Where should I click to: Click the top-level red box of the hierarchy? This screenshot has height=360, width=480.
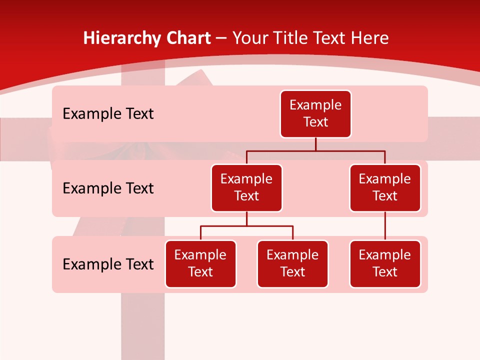coord(315,114)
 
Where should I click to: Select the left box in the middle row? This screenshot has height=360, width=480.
coord(246,188)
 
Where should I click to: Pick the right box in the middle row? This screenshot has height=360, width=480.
coord(385,188)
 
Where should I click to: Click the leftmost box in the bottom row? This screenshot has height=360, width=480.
coord(200,264)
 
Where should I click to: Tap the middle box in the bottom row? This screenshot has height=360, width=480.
coord(292,264)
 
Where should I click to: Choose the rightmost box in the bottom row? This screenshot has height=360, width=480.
coord(385,264)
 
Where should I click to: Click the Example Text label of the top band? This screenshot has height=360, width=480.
coord(108,114)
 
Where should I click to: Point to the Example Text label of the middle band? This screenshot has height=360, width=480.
coord(108,188)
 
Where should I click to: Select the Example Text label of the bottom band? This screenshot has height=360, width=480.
coord(108,264)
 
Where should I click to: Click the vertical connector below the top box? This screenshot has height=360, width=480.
coord(315,144)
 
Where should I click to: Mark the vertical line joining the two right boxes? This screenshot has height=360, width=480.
coord(385,226)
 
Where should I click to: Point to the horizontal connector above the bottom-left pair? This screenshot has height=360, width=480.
coord(246,226)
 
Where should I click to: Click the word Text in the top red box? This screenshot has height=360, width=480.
coord(315,122)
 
